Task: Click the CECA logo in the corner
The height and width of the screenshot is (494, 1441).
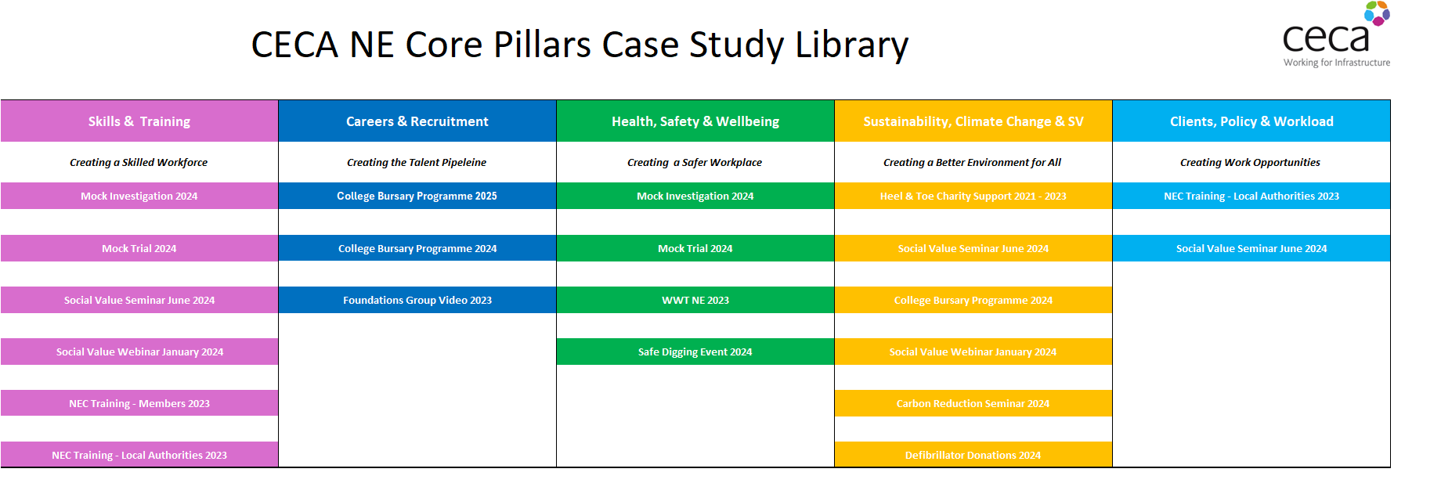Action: [1337, 34]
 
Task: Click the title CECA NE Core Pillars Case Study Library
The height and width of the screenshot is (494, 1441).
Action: [580, 45]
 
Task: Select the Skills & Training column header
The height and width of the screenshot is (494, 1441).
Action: [139, 121]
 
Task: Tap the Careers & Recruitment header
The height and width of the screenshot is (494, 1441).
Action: [417, 121]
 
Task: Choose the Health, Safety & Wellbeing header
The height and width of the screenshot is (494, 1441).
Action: [695, 121]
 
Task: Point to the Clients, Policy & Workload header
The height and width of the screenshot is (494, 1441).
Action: [1251, 121]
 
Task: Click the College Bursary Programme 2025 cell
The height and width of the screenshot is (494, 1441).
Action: [417, 196]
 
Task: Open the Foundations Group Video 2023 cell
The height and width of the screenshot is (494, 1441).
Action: [417, 300]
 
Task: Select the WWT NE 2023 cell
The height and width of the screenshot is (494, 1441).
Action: [695, 300]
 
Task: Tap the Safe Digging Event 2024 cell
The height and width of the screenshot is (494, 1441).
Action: [695, 352]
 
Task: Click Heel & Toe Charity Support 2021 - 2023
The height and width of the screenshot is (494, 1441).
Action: [973, 196]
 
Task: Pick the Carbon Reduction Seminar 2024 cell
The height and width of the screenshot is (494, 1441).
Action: [973, 403]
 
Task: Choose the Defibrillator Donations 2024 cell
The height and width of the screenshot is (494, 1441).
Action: [973, 455]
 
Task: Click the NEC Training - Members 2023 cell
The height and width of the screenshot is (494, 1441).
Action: [139, 403]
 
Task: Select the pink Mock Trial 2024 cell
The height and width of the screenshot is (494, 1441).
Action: [139, 248]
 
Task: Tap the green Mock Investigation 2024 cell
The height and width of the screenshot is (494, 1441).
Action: [695, 196]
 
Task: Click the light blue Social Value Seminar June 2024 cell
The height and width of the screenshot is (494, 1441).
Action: [1251, 248]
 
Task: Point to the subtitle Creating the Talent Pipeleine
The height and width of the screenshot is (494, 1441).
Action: [417, 162]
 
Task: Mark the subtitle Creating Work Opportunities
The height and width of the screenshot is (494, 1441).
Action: [1250, 162]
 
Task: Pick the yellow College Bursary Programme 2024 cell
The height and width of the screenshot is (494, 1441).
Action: [973, 300]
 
